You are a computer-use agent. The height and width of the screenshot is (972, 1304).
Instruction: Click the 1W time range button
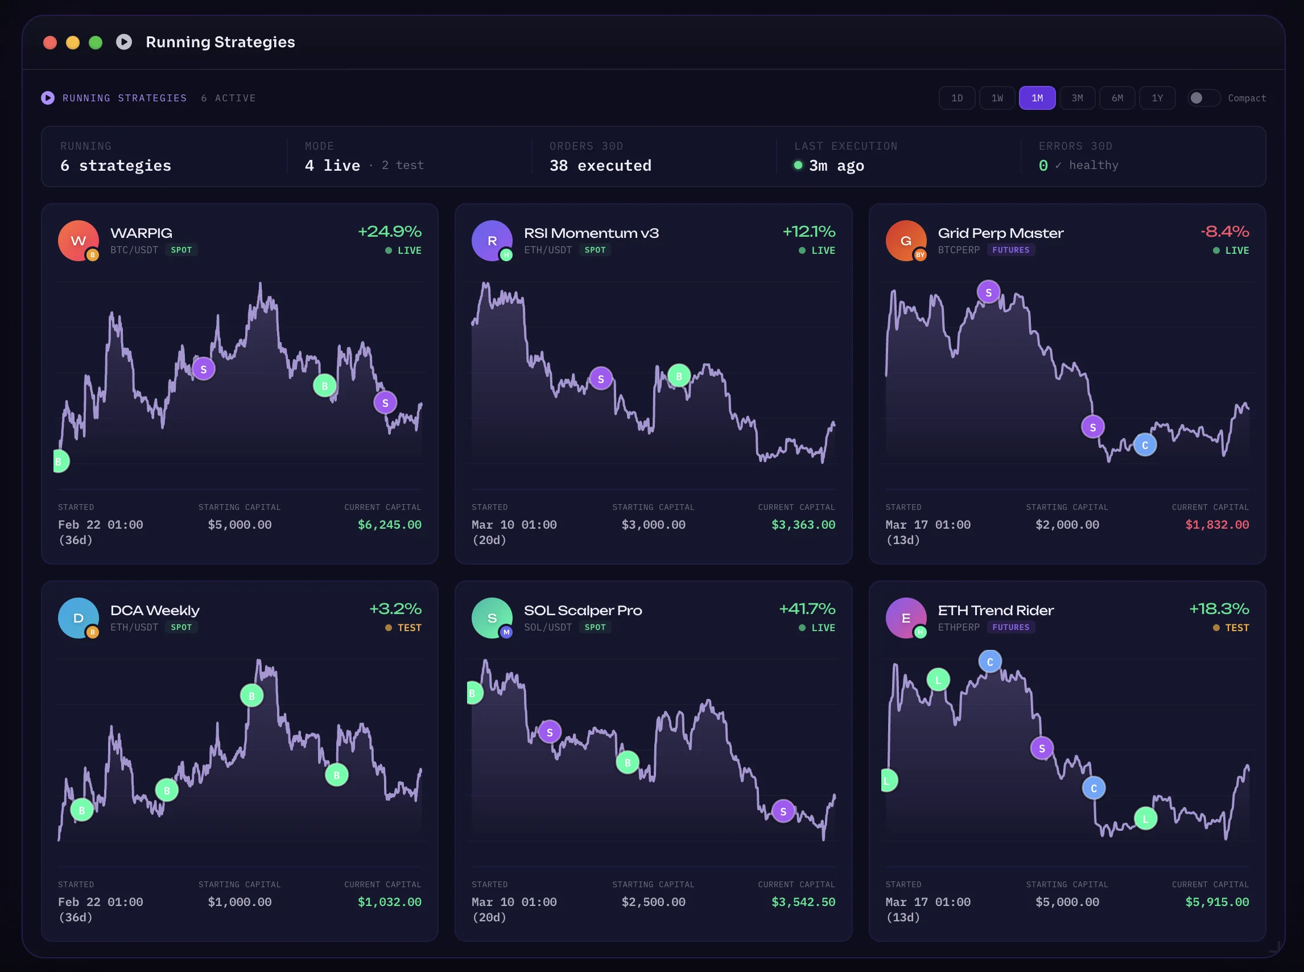[997, 98]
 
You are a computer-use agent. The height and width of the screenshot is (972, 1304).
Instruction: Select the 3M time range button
[1077, 98]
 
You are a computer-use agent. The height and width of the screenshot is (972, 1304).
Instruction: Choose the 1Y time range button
[1157, 98]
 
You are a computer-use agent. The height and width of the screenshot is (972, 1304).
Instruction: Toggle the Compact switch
[1203, 98]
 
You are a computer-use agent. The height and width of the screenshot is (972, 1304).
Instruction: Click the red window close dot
[50, 42]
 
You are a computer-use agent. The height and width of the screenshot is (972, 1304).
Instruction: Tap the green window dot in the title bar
[95, 42]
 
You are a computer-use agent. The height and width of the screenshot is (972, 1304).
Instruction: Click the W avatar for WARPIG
[78, 240]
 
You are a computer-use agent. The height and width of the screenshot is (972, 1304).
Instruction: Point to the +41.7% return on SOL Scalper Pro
[807, 608]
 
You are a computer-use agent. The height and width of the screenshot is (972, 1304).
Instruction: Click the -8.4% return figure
[1224, 231]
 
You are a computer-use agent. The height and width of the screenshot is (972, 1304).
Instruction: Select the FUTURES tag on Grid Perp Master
[1010, 250]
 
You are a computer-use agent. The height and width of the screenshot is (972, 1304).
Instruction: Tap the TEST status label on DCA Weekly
[410, 628]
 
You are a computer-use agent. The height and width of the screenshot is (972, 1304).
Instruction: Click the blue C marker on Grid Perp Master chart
[1145, 445]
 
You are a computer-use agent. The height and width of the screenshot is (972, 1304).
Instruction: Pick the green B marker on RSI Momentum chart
[679, 376]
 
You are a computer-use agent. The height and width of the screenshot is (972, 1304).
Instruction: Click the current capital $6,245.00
[389, 524]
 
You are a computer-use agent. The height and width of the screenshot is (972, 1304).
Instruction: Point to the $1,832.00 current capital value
[1217, 524]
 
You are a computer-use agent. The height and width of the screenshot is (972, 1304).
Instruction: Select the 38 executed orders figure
[600, 166]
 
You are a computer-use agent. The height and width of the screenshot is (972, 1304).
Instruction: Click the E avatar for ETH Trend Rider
[906, 618]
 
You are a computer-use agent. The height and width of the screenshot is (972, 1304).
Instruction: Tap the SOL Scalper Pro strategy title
[582, 610]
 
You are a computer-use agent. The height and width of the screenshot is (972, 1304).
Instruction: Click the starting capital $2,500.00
[653, 901]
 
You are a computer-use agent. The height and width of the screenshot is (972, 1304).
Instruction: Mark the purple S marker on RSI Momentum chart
[601, 379]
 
